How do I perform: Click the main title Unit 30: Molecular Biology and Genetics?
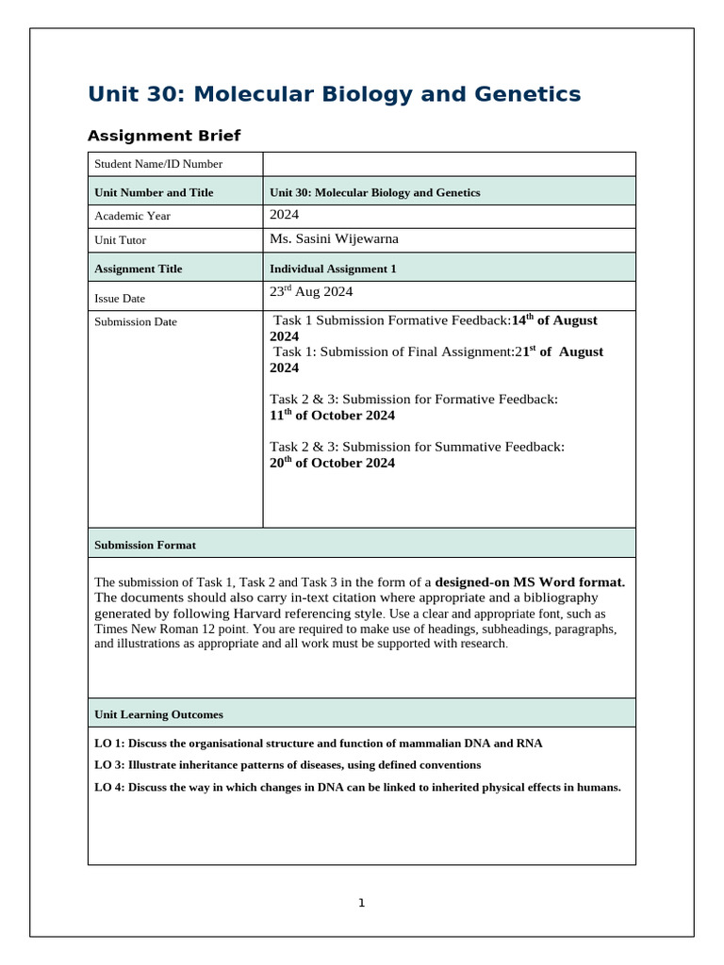(334, 94)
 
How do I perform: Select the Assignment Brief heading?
(164, 136)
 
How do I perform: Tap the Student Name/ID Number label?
(158, 165)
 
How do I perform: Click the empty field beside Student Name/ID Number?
(449, 164)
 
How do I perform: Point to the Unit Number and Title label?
(154, 192)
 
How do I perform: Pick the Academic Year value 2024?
(285, 215)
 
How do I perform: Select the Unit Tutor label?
(121, 240)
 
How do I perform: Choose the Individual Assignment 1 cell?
(333, 269)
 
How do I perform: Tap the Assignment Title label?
(139, 269)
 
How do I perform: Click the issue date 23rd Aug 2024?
(311, 292)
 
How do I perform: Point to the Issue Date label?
(120, 298)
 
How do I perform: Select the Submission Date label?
(136, 322)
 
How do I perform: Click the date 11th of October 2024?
(332, 416)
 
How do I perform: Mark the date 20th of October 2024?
(332, 463)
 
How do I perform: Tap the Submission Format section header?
(145, 545)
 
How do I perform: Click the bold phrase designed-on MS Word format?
(530, 582)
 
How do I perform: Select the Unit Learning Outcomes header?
(158, 714)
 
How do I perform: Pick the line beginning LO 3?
(288, 765)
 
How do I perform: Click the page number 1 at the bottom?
(361, 903)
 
